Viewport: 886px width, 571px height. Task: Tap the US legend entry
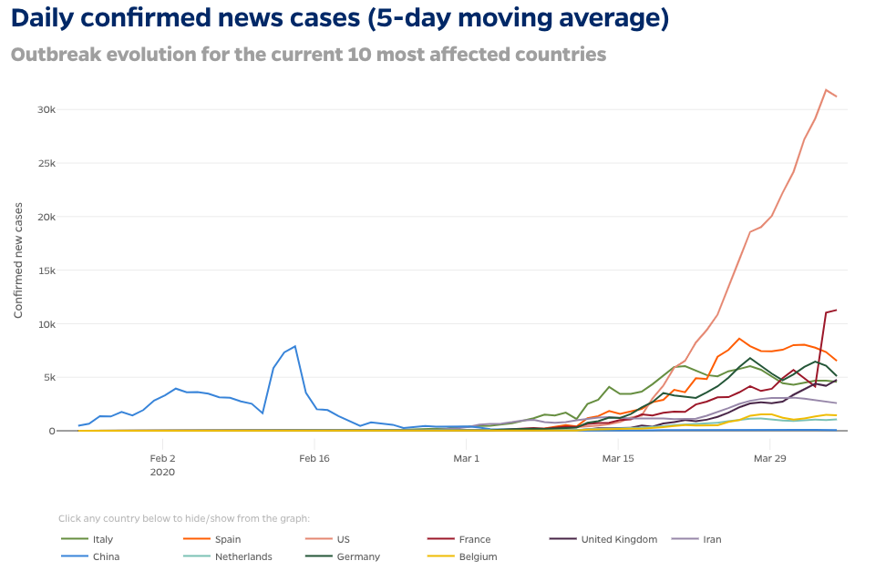pos(343,539)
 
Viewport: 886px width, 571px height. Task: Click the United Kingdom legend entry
pos(618,539)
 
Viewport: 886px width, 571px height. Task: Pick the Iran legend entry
pos(712,539)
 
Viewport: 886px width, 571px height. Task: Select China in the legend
pos(106,556)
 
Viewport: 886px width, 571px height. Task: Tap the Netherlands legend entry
pos(242,556)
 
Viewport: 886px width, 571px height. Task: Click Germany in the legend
pos(357,556)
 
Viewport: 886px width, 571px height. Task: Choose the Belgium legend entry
pos(478,556)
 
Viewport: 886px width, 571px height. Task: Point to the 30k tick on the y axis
pos(46,109)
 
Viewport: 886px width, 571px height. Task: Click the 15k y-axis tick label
pos(46,270)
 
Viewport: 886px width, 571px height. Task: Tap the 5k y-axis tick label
pos(48,377)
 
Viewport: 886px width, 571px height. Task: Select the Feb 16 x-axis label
pos(314,457)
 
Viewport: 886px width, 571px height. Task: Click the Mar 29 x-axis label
pos(769,457)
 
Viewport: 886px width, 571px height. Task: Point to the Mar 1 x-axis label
pos(466,457)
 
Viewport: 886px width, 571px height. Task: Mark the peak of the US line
pos(826,89)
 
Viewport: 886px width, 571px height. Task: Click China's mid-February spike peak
pos(295,346)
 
